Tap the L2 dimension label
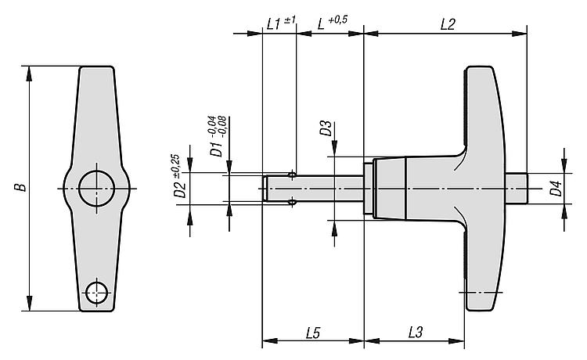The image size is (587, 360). pos(448,25)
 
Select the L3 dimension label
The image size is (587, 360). pos(416,332)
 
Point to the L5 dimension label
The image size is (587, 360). pos(313,333)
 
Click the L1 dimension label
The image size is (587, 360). pos(274,24)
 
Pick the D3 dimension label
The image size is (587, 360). pos(326,128)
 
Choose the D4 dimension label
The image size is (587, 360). pos(556,189)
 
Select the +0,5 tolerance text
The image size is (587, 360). pos(337,20)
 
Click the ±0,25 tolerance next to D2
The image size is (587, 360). pos(176,166)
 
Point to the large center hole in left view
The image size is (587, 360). pos(96,189)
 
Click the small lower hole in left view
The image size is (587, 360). pos(96,292)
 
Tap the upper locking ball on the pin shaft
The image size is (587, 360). pos(292,175)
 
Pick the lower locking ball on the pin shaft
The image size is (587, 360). pos(292,203)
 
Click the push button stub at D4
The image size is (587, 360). pos(517,189)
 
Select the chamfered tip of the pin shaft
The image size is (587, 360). pos(265,189)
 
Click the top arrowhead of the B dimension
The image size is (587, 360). pos(29,74)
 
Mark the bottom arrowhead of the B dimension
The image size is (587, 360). pos(29,304)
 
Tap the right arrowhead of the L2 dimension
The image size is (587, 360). pos(520,34)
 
